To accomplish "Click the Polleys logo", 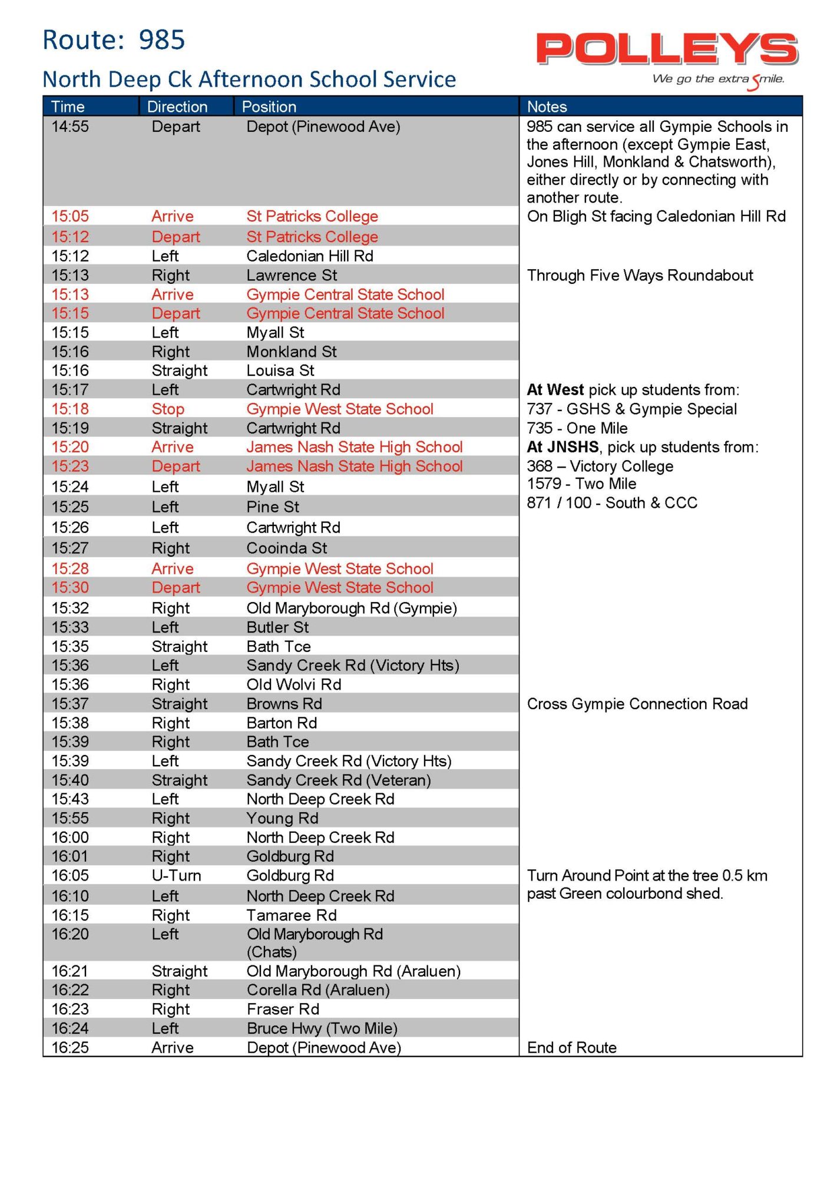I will [667, 49].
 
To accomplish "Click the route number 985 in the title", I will [161, 40].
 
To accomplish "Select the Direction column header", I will [177, 107].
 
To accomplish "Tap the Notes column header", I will [547, 107].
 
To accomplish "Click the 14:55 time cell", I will [70, 127].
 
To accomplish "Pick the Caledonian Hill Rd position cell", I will [310, 256].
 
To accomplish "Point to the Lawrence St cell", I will [292, 276].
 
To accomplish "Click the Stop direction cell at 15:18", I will [168, 409].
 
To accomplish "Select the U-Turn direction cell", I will [176, 876].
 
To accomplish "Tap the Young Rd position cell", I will [282, 819].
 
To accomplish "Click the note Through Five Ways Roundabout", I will [640, 276].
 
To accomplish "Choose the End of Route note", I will [571, 1048].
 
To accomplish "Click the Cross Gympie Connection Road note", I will [637, 704].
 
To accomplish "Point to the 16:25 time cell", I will [70, 1048].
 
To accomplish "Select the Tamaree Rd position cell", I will [292, 915].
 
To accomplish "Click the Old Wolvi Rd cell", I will [294, 684].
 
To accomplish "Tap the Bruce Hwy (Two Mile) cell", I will [322, 1028].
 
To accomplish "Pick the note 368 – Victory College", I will [600, 466].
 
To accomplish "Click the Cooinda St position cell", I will [287, 548].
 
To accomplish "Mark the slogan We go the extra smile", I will [718, 80].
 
